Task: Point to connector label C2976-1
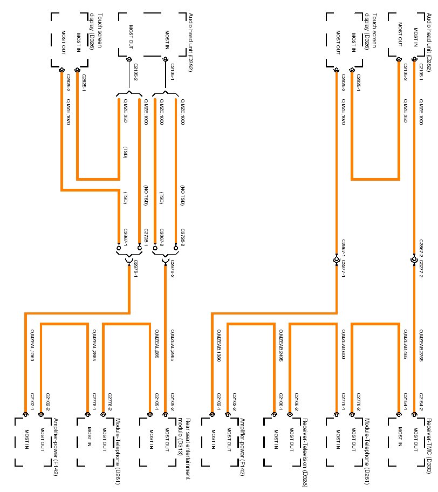(x=135, y=269)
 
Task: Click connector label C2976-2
(x=172, y=269)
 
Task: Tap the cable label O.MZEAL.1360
(x=32, y=345)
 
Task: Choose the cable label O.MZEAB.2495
(x=281, y=345)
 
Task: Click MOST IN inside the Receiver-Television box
(x=276, y=439)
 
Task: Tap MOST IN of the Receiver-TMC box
(x=400, y=439)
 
